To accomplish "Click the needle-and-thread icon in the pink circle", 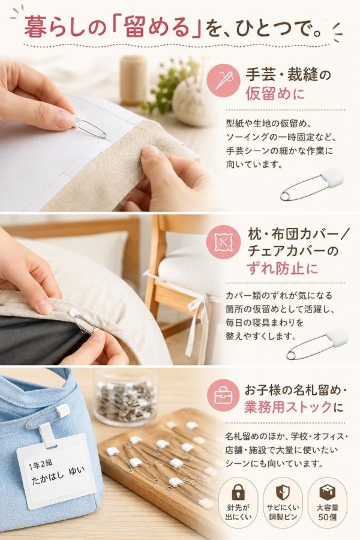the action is click(x=223, y=81).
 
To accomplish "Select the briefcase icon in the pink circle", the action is click(x=223, y=396).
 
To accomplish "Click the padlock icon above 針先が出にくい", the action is click(x=238, y=492).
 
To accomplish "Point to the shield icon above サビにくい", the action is click(x=283, y=493).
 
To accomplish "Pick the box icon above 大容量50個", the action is click(x=327, y=492).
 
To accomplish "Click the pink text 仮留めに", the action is click(x=275, y=94).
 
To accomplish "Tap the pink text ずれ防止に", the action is click(x=283, y=269).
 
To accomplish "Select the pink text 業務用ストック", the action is click(x=288, y=407).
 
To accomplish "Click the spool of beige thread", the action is click(x=133, y=80).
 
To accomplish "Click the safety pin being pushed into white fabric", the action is click(x=89, y=127).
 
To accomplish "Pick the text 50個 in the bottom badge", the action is click(x=327, y=517).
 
